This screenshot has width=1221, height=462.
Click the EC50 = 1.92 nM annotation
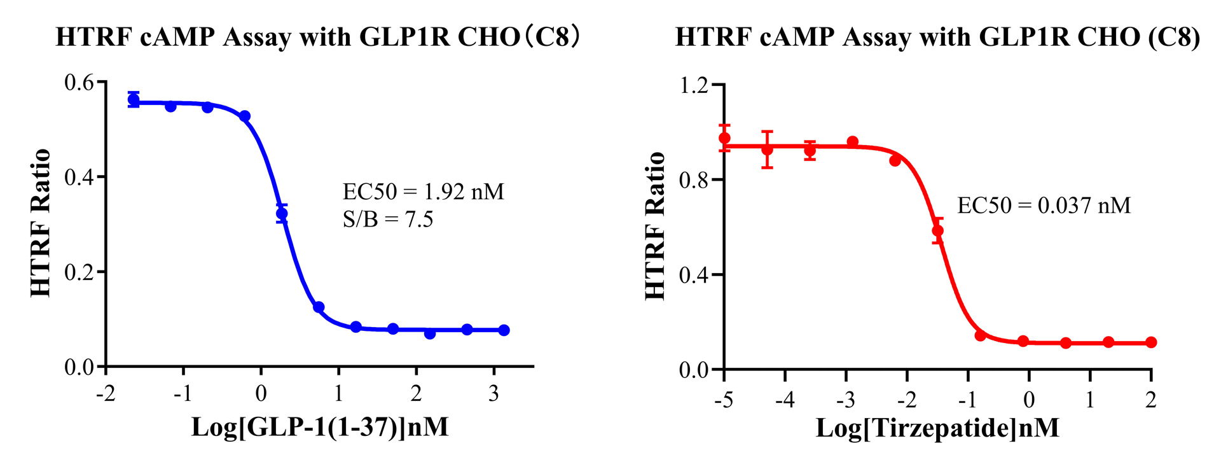(x=423, y=192)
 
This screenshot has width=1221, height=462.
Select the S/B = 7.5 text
(x=387, y=220)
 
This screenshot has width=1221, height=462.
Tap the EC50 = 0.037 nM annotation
(x=1044, y=206)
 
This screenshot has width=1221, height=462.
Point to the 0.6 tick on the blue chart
(x=78, y=83)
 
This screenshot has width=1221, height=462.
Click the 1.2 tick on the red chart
(x=694, y=85)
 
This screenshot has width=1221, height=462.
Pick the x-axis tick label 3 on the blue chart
(x=494, y=394)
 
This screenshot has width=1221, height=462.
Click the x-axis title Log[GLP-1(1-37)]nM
(x=320, y=426)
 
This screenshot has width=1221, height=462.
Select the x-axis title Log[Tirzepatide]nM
(x=937, y=428)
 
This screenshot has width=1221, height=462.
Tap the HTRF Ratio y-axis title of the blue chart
(x=41, y=223)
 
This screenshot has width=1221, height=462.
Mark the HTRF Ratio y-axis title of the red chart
(x=655, y=225)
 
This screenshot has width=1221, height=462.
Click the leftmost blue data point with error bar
(x=134, y=99)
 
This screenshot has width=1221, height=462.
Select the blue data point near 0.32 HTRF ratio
(x=282, y=214)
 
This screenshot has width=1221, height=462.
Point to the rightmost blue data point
(x=504, y=330)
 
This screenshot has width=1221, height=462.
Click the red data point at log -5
(x=724, y=138)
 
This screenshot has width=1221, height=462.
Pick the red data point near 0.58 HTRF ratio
(x=937, y=230)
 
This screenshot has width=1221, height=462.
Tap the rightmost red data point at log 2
(x=1151, y=342)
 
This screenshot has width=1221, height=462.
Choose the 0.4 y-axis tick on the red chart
(x=694, y=275)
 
